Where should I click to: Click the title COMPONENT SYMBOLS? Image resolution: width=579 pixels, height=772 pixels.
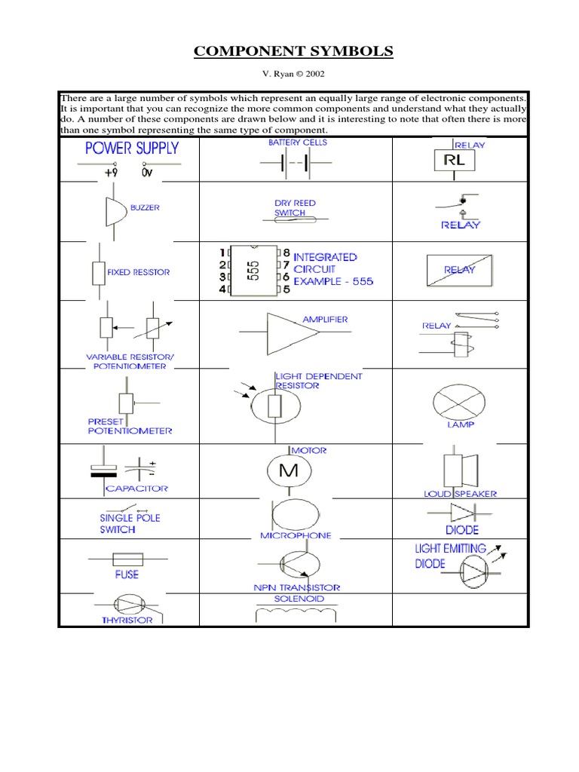coord(293,51)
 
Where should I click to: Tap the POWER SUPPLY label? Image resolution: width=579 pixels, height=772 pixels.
coord(131,148)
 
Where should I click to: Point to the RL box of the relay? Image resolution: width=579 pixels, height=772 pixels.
coord(453,161)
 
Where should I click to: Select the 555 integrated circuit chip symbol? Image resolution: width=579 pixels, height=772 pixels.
coord(253,269)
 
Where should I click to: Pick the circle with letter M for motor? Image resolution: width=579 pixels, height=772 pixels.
coord(289,472)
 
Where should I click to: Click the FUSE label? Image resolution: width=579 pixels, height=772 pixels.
coord(127,574)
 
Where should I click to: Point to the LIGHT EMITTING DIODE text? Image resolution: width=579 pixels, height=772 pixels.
coord(450,556)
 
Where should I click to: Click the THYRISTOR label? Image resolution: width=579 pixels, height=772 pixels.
coord(127,620)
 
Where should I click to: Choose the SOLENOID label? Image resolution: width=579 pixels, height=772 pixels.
coord(299,599)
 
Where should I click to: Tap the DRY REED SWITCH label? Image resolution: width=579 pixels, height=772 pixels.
coord(295,208)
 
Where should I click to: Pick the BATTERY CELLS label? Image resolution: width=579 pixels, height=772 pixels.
coord(298,142)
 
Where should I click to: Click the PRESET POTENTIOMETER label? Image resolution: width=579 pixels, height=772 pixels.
coord(130,426)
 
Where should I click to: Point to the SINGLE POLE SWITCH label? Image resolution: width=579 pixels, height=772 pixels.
coord(129,524)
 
